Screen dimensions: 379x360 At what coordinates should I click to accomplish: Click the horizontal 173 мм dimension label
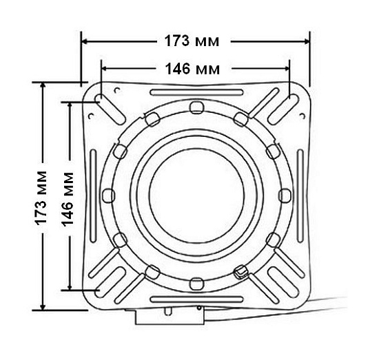pos(192,41)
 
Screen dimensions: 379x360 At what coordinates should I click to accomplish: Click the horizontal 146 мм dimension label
pos(192,69)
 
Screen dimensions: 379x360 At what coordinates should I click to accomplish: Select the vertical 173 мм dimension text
pos(41,198)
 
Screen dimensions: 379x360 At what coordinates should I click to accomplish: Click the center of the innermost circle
pos(196,195)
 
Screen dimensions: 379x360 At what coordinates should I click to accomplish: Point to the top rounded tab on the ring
pos(197,107)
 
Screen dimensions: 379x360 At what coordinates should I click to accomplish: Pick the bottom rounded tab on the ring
pos(196,284)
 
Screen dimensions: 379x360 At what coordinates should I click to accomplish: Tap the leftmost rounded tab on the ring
pos(108,195)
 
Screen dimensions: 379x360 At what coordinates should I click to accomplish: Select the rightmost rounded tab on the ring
pos(285,195)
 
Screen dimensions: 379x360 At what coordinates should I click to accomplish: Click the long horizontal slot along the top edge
pos(196,92)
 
